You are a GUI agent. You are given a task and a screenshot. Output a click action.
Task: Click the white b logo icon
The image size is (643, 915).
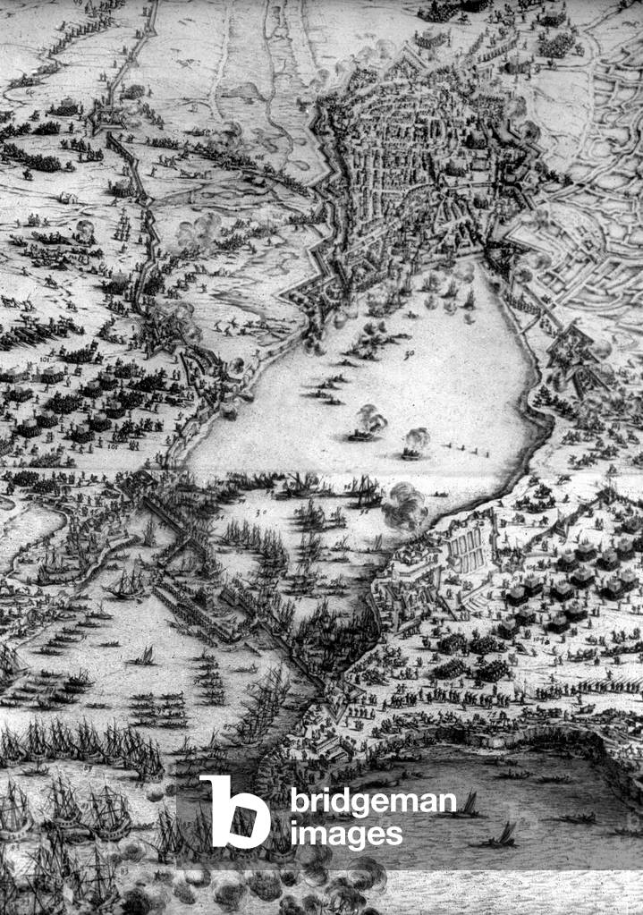234,811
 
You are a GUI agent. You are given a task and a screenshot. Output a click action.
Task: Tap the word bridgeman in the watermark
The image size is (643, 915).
372,802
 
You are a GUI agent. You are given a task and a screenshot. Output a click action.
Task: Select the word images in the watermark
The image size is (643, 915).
345,835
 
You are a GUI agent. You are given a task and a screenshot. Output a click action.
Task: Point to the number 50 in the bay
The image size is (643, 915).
410,357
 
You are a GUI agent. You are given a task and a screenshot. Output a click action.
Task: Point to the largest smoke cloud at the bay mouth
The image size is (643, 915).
404,506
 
